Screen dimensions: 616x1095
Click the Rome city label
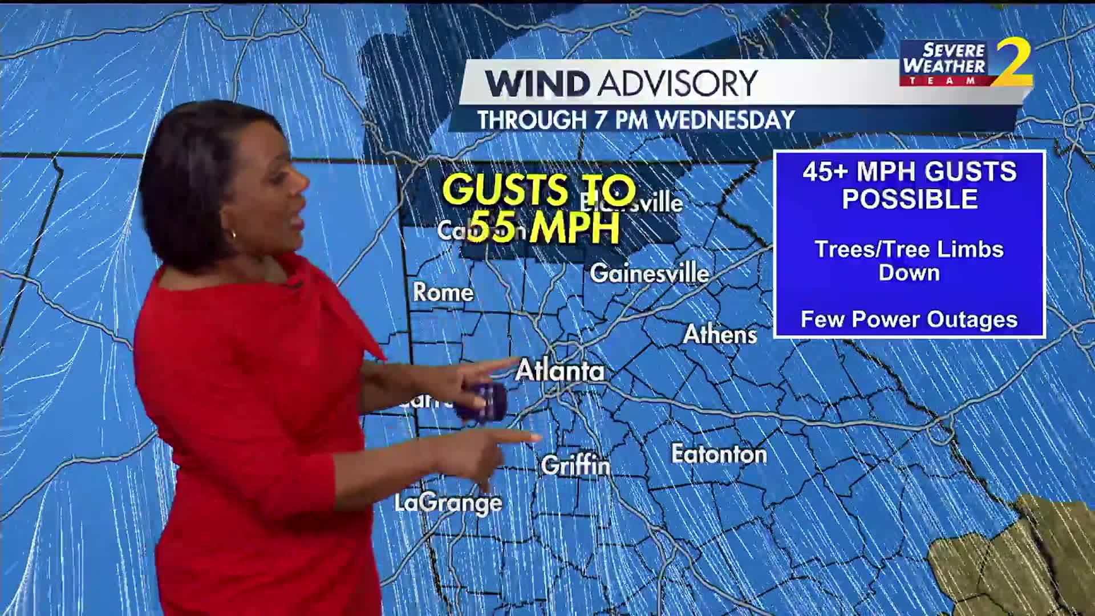tap(443, 293)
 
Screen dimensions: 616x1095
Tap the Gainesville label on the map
tap(649, 274)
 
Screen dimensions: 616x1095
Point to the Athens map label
tap(720, 335)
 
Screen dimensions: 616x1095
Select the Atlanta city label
tap(559, 371)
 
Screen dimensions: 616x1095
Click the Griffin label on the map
tap(575, 465)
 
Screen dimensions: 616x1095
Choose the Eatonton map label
tap(719, 455)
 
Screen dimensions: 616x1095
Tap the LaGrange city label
tap(448, 503)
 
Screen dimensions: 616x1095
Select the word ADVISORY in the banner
tap(678, 84)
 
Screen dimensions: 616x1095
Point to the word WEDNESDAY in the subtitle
tap(725, 120)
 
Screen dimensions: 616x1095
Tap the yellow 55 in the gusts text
tap(494, 226)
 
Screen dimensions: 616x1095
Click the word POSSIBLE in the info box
tap(910, 199)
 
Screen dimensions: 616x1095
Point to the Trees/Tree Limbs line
tap(909, 249)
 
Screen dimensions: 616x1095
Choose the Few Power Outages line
tap(909, 319)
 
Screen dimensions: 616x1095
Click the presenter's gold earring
tap(233, 234)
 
